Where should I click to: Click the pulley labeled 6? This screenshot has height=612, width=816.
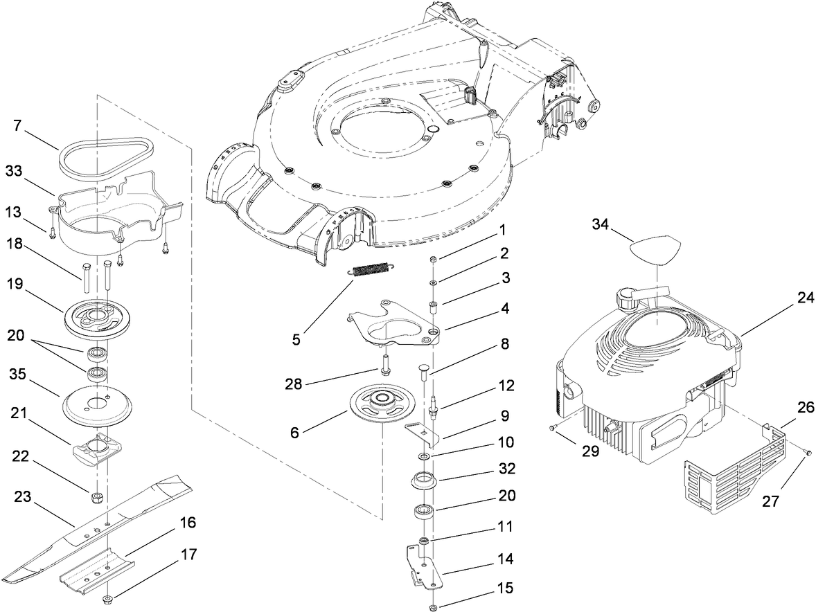[x=382, y=404]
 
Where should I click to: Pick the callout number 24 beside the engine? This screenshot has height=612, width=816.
[x=805, y=299]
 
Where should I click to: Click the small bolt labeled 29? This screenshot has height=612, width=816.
[x=551, y=429]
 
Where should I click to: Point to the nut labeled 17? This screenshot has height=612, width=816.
[x=109, y=599]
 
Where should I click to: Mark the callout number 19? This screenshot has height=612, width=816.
[x=15, y=283]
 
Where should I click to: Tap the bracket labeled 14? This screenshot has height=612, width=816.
[x=423, y=565]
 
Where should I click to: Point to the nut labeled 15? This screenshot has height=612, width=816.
[x=433, y=608]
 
